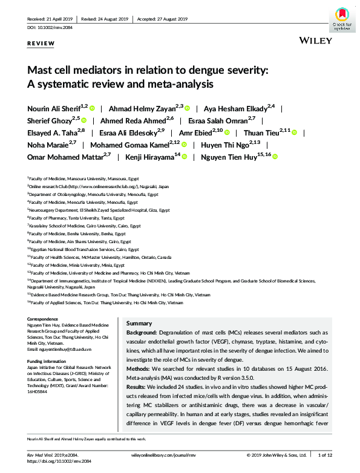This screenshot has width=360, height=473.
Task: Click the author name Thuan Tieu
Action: pos(263,132)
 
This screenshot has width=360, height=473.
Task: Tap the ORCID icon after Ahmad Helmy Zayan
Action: pos(188,108)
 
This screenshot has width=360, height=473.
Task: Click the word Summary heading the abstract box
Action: pos(139,323)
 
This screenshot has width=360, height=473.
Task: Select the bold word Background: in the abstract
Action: pos(141,333)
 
